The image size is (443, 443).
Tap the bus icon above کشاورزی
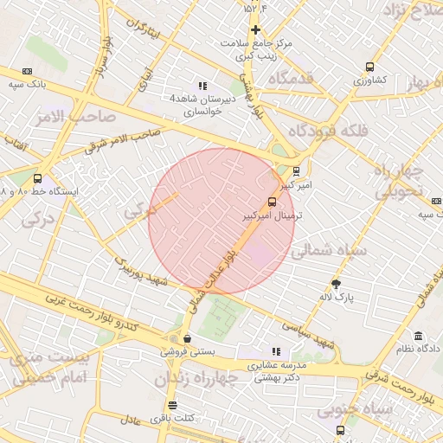370,67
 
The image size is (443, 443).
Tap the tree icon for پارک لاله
336,284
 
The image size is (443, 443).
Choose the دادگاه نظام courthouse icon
418,336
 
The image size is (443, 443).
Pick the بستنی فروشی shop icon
188,339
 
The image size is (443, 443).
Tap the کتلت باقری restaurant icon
172,405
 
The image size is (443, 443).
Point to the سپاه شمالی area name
330,251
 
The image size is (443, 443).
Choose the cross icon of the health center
255,30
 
